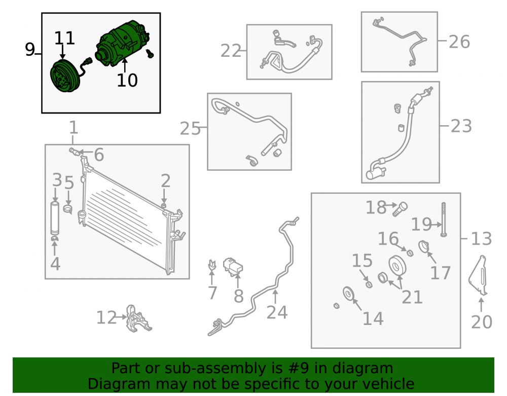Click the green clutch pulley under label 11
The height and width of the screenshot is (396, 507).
pyautogui.click(x=63, y=76)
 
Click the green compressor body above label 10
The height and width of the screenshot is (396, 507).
pyautogui.click(x=123, y=43)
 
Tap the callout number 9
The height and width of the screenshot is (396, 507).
pyautogui.click(x=30, y=50)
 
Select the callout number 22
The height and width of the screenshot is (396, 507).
pyautogui.click(x=231, y=51)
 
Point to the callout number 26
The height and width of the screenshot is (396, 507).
pyautogui.click(x=459, y=42)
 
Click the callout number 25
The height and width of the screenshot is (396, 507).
pyautogui.click(x=190, y=128)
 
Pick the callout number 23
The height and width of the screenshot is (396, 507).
pyautogui.click(x=461, y=126)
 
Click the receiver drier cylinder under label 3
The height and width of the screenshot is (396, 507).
pyautogui.click(x=55, y=218)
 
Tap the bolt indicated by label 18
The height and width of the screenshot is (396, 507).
pyautogui.click(x=400, y=209)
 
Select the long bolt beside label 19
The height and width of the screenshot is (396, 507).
pyautogui.click(x=443, y=220)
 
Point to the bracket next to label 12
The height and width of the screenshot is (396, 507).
pyautogui.click(x=137, y=319)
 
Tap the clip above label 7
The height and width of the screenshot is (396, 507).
pyautogui.click(x=212, y=265)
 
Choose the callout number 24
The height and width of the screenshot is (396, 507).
pyautogui.click(x=277, y=312)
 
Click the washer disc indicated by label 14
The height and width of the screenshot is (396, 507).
pyautogui.click(x=349, y=294)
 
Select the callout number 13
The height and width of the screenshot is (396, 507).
pyautogui.click(x=482, y=239)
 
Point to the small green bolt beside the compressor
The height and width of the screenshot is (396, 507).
pyautogui.click(x=150, y=54)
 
